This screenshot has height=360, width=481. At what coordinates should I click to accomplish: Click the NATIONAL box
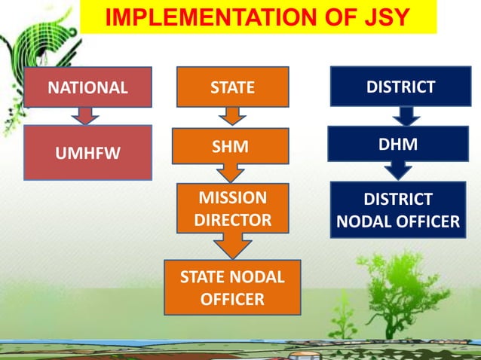point(88,87)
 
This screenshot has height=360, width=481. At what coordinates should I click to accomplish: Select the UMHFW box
point(88,152)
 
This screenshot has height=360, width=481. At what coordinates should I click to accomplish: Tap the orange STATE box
point(232,87)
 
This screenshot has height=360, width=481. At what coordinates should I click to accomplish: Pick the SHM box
point(231,146)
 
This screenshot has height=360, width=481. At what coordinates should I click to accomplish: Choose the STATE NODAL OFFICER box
point(232,288)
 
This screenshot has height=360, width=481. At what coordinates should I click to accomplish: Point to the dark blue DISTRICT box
point(400,87)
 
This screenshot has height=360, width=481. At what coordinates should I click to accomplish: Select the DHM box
point(397,144)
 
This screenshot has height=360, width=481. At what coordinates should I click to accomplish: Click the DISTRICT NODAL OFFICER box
point(397,210)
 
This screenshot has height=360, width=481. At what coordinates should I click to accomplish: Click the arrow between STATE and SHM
point(232,116)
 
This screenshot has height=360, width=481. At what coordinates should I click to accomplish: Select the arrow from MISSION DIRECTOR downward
point(232,246)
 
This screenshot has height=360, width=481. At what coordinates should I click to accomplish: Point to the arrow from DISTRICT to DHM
point(406,115)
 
